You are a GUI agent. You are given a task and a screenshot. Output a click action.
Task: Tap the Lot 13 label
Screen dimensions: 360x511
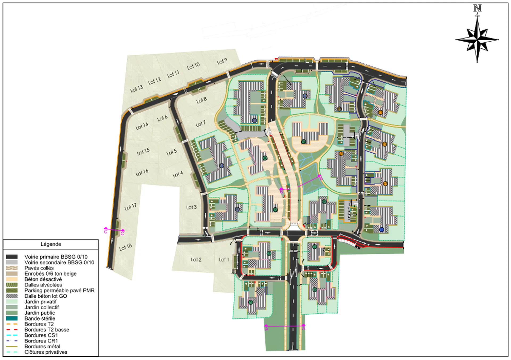pos(137,89)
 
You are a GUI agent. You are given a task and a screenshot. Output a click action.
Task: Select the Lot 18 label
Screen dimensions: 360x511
pos(125,247)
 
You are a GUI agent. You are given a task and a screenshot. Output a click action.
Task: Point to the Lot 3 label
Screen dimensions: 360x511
pos(191,207)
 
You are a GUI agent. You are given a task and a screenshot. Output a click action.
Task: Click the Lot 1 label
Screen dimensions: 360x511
pos(224,259)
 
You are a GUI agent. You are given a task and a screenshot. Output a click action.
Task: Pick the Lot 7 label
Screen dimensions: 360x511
pos(201,124)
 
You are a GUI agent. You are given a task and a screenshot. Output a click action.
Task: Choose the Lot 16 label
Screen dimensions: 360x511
pos(142,173)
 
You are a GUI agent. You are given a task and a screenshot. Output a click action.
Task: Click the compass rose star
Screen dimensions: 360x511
pos(477,40)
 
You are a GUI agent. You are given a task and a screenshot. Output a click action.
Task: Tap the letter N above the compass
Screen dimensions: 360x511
pos(477,8)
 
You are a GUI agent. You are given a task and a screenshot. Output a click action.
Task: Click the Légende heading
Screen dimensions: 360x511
pos(51,244)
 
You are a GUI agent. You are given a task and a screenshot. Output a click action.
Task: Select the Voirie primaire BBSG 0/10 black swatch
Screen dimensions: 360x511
pos(12,257)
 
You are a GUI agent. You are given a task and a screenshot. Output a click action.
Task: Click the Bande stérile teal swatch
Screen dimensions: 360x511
pos(12,318)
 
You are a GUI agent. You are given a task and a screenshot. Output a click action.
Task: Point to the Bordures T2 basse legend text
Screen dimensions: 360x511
pos(47,330)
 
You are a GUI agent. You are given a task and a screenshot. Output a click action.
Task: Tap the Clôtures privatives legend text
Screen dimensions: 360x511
pos(46,352)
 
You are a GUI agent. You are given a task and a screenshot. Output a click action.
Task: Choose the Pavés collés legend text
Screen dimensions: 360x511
pos(39,268)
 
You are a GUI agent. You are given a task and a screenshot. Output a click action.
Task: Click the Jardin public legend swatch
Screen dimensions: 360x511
pos(12,313)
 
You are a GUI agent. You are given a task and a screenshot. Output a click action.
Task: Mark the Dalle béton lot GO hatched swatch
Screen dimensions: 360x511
pos(12,296)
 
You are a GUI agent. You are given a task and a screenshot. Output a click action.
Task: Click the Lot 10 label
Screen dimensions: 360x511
pos(193,66)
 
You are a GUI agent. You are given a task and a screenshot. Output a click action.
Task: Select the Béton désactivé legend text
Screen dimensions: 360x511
pos(43,279)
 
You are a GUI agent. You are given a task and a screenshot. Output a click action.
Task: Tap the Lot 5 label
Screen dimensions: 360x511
pos(171,152)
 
